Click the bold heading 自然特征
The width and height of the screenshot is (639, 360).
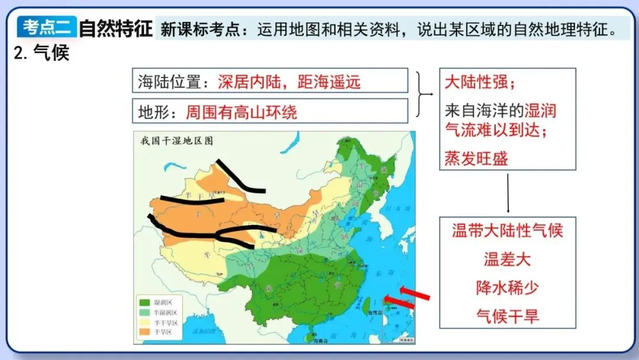(116, 28)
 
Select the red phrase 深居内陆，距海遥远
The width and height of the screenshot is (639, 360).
(289, 82)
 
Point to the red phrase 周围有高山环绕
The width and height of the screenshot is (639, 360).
(241, 111)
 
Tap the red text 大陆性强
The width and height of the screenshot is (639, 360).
(480, 82)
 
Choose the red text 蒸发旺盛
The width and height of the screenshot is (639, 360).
(476, 158)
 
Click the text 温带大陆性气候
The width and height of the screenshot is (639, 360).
(507, 230)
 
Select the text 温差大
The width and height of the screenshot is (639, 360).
(507, 259)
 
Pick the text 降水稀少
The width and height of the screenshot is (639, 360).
(507, 287)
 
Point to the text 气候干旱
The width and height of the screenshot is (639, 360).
(507, 316)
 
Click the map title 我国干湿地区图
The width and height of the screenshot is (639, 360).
(176, 141)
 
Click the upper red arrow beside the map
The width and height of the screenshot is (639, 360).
(414, 293)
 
